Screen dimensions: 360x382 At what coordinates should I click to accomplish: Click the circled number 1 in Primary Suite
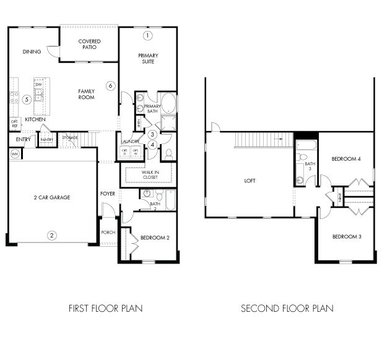point(147,35)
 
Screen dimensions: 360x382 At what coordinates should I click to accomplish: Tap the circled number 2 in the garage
point(52,234)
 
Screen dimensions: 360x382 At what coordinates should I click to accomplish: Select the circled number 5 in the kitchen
point(27,99)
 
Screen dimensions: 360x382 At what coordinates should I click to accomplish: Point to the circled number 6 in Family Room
point(110,85)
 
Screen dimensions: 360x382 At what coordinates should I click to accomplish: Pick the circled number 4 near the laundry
point(152,145)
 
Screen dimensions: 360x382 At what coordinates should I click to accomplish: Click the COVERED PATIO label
point(89,45)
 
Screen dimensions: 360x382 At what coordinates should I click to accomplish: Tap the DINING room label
point(32,52)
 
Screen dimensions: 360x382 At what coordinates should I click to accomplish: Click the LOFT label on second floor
point(250,181)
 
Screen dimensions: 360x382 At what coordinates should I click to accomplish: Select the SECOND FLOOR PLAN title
point(287,308)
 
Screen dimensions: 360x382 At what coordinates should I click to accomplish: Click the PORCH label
point(108,233)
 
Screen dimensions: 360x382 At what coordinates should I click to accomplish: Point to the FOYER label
point(108,194)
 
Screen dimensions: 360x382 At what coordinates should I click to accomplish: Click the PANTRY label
point(47,140)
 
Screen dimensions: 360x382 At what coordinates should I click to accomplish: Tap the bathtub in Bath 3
point(305,147)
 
